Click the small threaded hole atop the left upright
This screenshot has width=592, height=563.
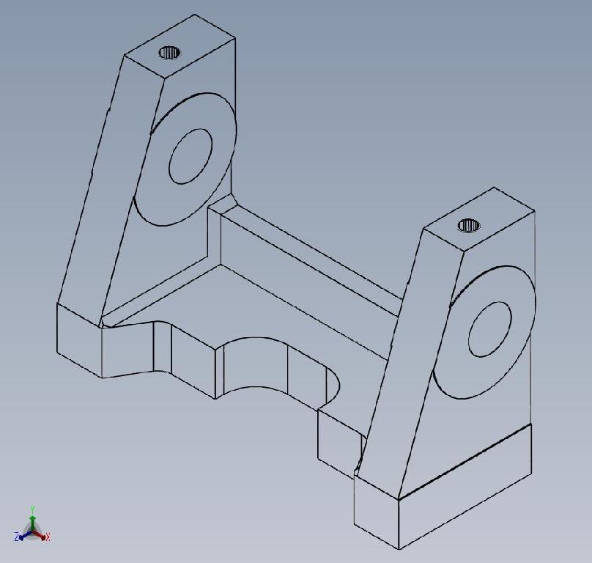pyautogui.click(x=169, y=52)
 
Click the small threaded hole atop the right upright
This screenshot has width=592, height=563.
pyautogui.click(x=469, y=225)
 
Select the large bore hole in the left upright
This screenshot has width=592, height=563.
pyautogui.click(x=190, y=156)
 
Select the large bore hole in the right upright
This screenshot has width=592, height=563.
pyautogui.click(x=489, y=328)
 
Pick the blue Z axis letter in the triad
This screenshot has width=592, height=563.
pyautogui.click(x=17, y=537)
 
